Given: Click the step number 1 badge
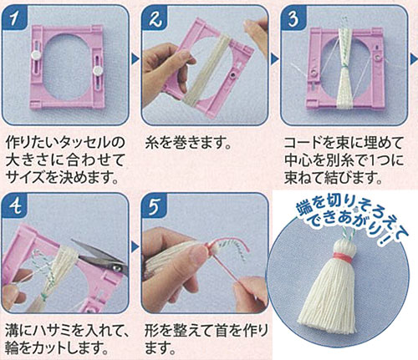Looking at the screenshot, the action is [x=15, y=18].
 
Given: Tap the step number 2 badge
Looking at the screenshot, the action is [x=155, y=18].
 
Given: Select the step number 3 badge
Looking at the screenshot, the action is [x=293, y=18].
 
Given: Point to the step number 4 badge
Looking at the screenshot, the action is [x=15, y=206].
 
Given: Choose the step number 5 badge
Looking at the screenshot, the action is [x=155, y=206].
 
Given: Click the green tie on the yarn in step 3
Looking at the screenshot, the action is [x=344, y=68].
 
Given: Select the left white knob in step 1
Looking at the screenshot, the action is [x=36, y=55].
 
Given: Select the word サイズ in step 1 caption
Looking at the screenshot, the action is [x=25, y=178].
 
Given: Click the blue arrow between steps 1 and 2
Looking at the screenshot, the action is [x=135, y=58].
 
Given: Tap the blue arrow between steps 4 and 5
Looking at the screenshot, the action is [x=135, y=246].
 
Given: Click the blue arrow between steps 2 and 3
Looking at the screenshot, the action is [x=274, y=58].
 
